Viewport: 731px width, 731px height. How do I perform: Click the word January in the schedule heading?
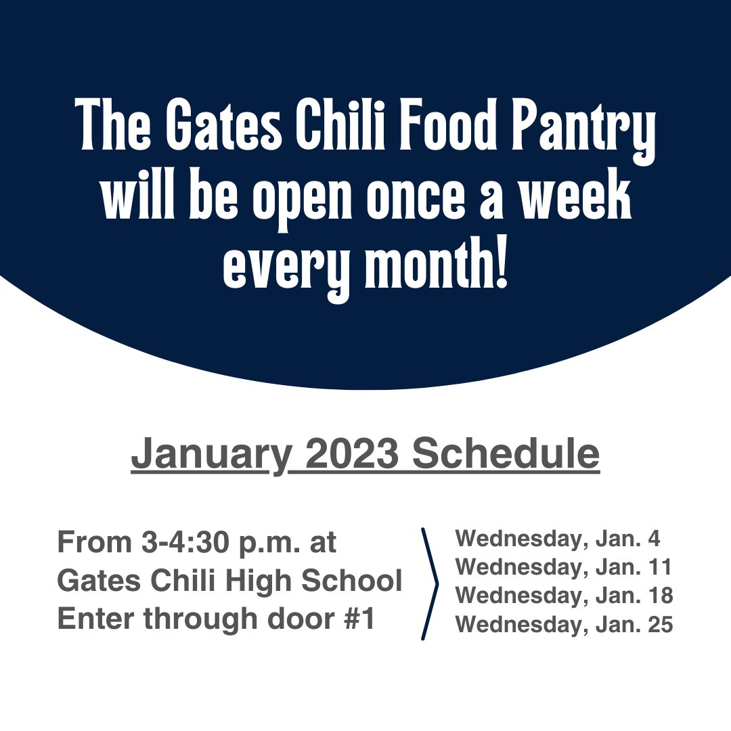[x=210, y=455]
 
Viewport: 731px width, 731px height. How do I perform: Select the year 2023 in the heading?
[x=351, y=453]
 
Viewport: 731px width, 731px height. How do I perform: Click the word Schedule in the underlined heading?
[x=506, y=453]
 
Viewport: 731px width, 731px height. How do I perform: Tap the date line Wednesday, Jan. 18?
[x=564, y=596]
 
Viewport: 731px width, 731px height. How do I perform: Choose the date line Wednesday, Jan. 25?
[x=564, y=625]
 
